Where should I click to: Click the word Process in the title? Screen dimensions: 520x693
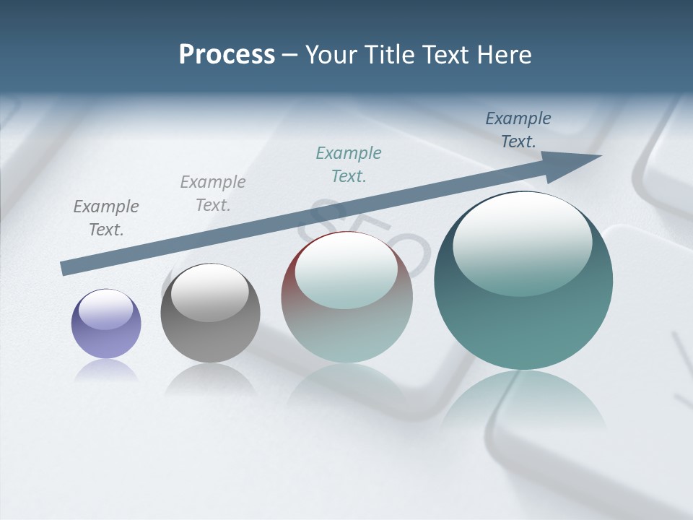point(227,55)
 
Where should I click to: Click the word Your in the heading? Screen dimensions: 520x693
point(330,55)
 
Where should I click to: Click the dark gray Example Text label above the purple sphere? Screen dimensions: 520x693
point(105,218)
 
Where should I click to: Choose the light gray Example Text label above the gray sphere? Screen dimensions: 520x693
point(213,194)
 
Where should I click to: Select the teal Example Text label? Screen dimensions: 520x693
point(349,165)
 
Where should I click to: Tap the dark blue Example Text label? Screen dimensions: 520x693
point(518,130)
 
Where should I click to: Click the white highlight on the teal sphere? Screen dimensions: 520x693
point(522,242)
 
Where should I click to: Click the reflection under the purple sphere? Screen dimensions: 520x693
point(106,370)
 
